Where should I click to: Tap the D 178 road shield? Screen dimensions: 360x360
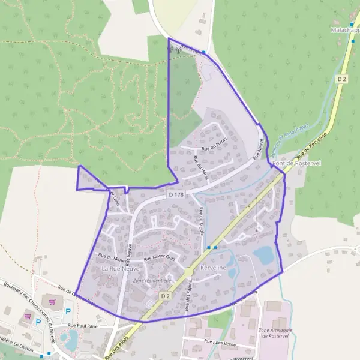point(175,194)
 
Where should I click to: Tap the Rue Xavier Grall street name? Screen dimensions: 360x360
point(160,257)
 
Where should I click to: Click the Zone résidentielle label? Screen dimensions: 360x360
point(152,280)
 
